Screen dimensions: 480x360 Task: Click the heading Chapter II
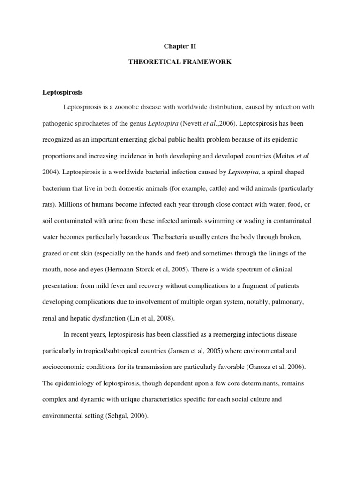tap(180, 46)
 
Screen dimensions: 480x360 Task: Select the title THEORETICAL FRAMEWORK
tap(180, 62)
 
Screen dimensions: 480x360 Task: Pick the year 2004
tap(51, 172)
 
